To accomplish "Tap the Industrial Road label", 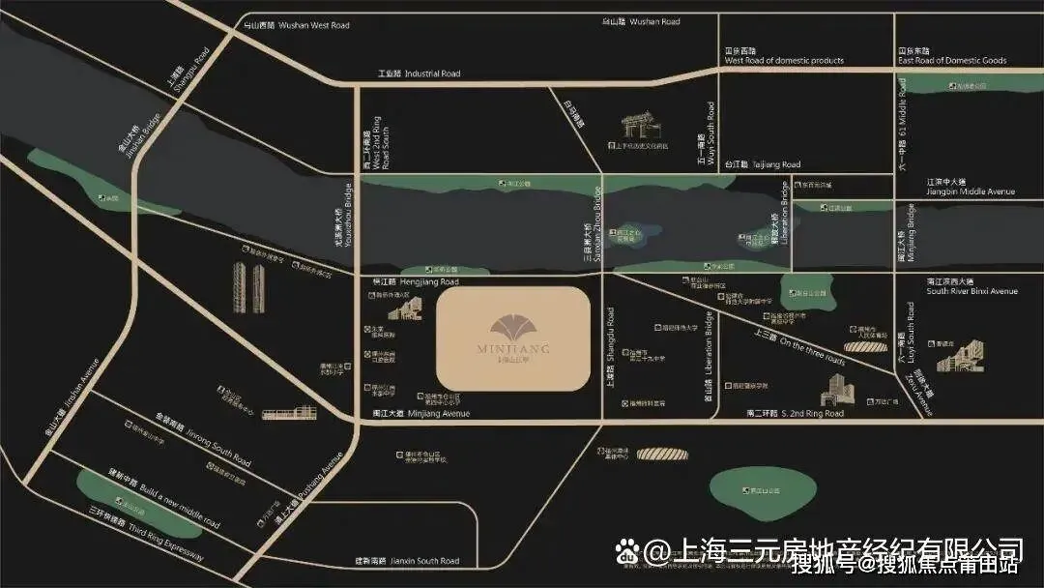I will click(x=420, y=73).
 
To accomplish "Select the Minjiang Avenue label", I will click(x=425, y=414).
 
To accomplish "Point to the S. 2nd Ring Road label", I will click(x=794, y=414).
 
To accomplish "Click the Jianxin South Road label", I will click(x=405, y=561).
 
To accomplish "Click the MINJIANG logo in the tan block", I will click(x=513, y=338).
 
